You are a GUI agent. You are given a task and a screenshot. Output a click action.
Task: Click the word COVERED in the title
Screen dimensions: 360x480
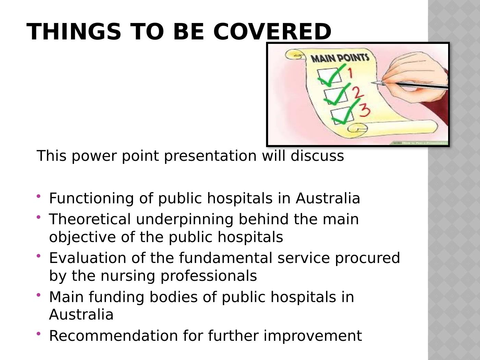272,32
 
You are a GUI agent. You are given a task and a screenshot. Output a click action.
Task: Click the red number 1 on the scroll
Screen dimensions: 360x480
350,73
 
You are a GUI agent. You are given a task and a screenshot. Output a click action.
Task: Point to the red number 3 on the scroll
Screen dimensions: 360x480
364,110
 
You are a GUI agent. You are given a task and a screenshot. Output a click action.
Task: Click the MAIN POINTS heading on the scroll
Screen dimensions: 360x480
340,58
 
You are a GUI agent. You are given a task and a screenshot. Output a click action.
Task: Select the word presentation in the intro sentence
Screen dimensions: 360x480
210,156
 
